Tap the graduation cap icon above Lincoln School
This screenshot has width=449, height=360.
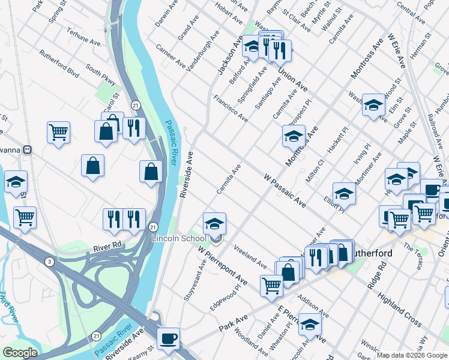tap(214, 224)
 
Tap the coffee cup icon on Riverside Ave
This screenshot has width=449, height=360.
tap(168, 338)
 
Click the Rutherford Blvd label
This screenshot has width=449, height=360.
tap(59, 64)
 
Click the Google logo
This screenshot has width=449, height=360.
tap(20, 353)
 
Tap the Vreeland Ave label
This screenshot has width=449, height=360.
tap(250, 256)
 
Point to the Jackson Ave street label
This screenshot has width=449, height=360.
tap(229, 55)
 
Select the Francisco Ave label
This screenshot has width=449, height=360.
tap(231, 108)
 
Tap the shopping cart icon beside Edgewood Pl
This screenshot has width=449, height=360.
tap(271, 286)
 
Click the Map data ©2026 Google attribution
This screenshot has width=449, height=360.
tap(412, 355)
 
